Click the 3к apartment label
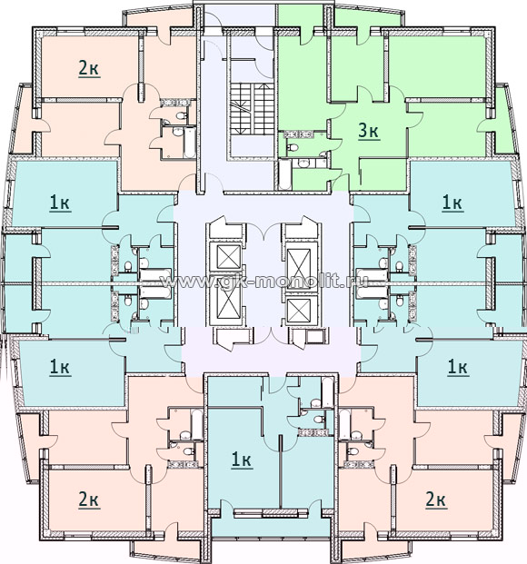(x=369, y=131)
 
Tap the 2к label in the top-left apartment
(x=88, y=68)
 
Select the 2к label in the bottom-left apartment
(x=89, y=500)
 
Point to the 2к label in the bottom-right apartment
(x=436, y=500)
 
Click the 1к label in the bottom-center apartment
(x=242, y=460)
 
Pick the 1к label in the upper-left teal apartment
(x=60, y=203)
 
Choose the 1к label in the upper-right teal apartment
(x=452, y=203)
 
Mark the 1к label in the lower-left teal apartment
(x=60, y=368)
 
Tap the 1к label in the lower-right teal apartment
(x=457, y=368)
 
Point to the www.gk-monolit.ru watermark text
(x=264, y=282)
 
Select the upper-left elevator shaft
(x=229, y=257)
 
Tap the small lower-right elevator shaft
(x=299, y=309)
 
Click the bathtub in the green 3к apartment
(x=284, y=175)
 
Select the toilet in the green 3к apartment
(x=293, y=147)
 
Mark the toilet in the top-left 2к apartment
(x=181, y=116)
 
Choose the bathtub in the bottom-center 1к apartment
(x=328, y=391)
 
